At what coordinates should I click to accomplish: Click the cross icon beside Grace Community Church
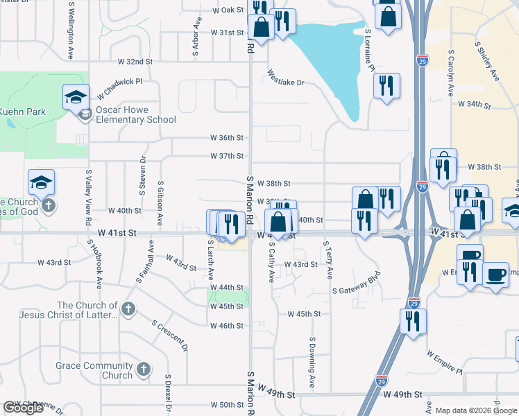(x=144, y=369)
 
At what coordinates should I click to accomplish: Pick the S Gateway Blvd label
(x=357, y=291)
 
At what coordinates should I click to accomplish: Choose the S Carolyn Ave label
(x=451, y=71)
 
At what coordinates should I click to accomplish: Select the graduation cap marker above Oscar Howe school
(x=76, y=96)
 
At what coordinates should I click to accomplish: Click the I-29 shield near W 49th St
(x=382, y=381)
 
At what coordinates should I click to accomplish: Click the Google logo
(x=23, y=408)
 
